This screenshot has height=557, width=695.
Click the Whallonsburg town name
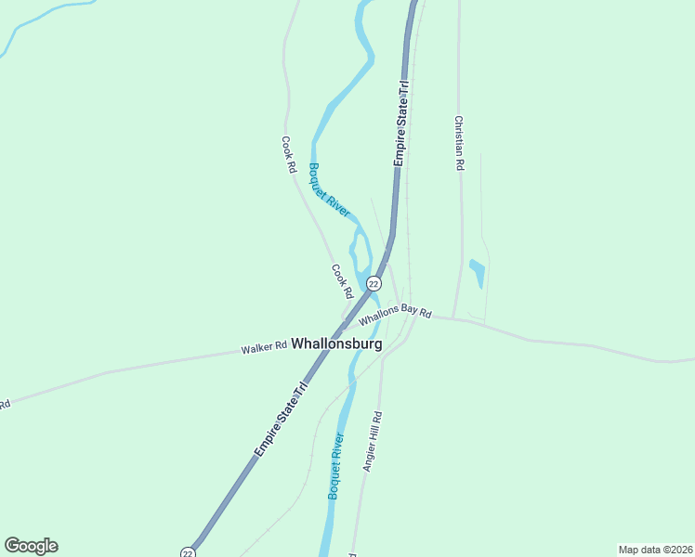click(x=336, y=343)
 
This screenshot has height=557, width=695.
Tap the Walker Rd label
click(x=264, y=348)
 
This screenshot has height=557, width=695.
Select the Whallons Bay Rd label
click(x=396, y=315)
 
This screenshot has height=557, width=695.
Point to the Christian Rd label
click(x=458, y=143)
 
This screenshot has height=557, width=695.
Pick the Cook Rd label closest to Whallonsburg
click(x=342, y=281)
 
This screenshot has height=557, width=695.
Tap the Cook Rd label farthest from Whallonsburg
click(x=289, y=156)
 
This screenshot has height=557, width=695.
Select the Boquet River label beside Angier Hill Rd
click(x=336, y=466)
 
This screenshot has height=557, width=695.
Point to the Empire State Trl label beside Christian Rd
click(x=400, y=123)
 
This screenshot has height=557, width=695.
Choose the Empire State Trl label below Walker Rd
click(x=281, y=421)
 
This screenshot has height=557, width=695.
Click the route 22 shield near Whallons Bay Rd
click(x=374, y=283)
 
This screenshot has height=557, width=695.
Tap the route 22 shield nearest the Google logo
click(x=188, y=552)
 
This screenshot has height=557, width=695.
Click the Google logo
click(x=31, y=546)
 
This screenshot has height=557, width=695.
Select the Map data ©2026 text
click(x=655, y=550)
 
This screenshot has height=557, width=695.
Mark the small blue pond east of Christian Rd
click(x=478, y=273)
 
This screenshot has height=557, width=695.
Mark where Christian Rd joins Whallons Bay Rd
click(x=453, y=317)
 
